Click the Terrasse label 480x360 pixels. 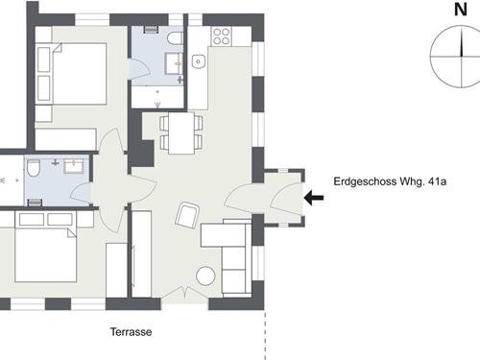point(132,331)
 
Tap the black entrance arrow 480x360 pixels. point(314,198)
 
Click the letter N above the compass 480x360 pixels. point(461,10)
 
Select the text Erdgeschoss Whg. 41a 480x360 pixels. point(390,181)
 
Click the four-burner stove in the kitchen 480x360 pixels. point(222,36)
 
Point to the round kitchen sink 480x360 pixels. point(199,61)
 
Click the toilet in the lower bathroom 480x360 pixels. point(33,168)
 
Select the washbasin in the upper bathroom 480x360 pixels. point(174,63)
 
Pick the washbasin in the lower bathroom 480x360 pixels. point(74,166)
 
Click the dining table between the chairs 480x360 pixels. point(181,132)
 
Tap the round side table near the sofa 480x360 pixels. point(205,276)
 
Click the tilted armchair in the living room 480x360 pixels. point(187,215)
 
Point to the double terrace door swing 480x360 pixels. point(184,293)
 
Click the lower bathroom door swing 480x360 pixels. point(80,194)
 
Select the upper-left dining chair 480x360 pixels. point(164,123)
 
